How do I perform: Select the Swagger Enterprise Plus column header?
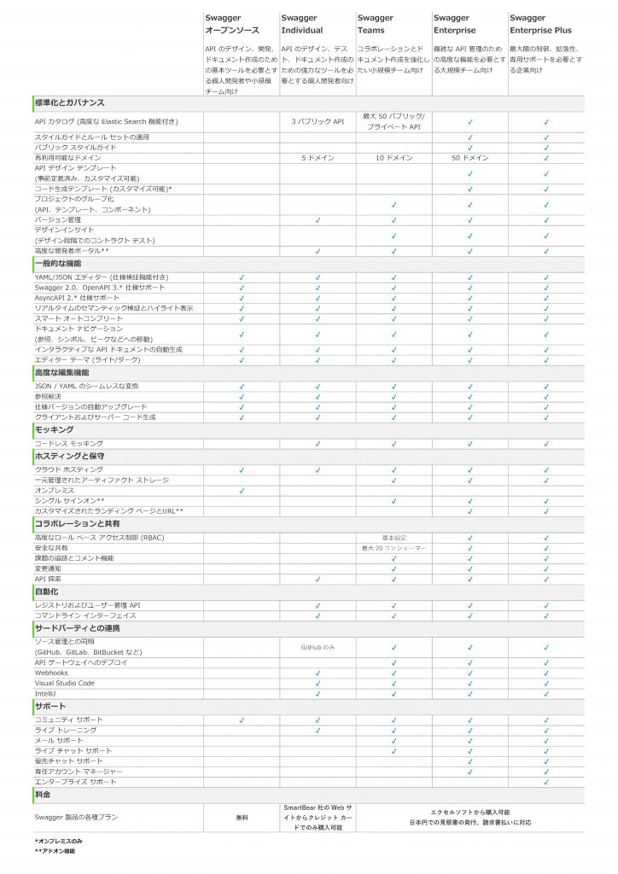click(540, 24)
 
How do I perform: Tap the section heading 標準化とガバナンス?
click(69, 102)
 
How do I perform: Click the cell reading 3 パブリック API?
click(317, 122)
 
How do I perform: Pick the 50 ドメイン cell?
click(469, 158)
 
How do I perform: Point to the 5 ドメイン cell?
click(317, 158)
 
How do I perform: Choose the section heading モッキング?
click(54, 430)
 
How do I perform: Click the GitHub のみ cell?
click(318, 647)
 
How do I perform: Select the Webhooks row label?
click(51, 673)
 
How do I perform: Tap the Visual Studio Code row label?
click(65, 683)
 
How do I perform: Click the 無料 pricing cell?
click(242, 817)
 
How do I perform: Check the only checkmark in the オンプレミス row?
click(242, 491)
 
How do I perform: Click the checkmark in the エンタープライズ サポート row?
click(545, 782)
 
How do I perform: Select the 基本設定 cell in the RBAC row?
click(394, 538)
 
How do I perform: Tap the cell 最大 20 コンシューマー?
click(394, 548)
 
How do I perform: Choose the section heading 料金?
click(43, 795)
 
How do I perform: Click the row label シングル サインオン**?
click(70, 501)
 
